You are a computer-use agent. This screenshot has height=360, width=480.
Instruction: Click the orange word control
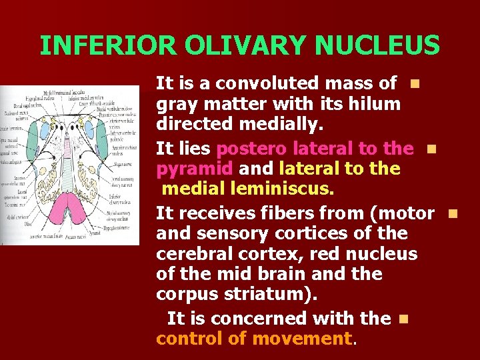189,339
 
